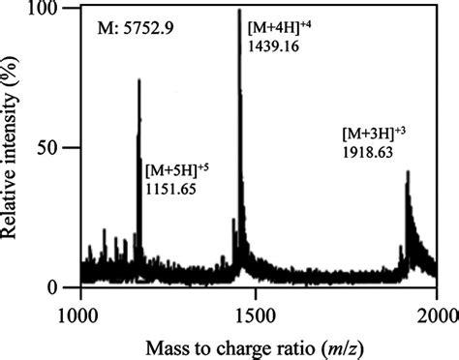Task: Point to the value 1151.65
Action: tap(170, 189)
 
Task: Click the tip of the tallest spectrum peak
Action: tap(238, 11)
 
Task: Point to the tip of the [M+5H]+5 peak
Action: tap(139, 80)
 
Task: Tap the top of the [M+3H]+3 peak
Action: tap(409, 172)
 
